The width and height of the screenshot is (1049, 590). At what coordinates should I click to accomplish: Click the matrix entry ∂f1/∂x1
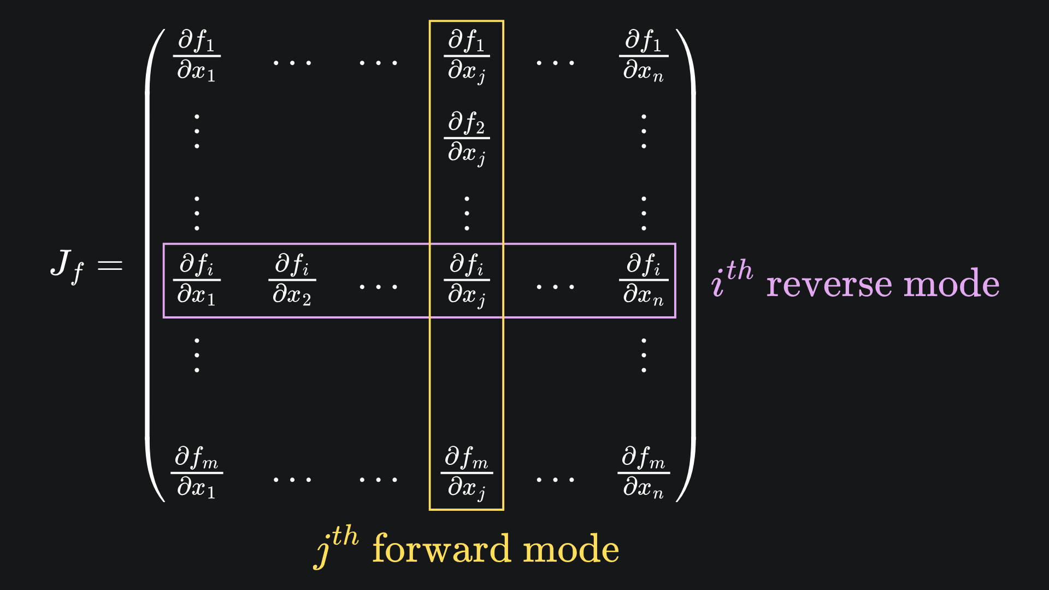point(197,56)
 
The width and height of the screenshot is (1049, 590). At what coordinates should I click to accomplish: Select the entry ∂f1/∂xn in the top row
point(644,56)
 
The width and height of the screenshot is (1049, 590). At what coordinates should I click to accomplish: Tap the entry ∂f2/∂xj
point(467,138)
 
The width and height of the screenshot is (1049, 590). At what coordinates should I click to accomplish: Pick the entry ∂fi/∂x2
point(292,280)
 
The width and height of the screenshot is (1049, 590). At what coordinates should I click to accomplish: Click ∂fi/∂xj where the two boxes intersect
point(467,280)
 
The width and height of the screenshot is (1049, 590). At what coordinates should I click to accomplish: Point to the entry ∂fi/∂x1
point(197,280)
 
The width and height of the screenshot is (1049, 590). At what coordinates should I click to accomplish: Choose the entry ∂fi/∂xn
point(644,280)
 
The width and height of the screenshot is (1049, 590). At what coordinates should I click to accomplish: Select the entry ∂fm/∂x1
point(197,473)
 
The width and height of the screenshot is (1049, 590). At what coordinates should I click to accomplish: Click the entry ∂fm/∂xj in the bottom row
point(467,473)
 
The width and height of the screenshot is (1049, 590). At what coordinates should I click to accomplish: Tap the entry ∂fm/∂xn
point(644,473)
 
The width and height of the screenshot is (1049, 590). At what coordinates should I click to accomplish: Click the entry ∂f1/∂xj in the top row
point(467,57)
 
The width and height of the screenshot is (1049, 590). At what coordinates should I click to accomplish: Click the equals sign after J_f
point(110,266)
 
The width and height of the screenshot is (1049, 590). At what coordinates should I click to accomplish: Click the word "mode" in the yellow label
point(571,549)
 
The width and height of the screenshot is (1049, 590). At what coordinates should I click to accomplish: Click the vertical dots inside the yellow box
point(467,213)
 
